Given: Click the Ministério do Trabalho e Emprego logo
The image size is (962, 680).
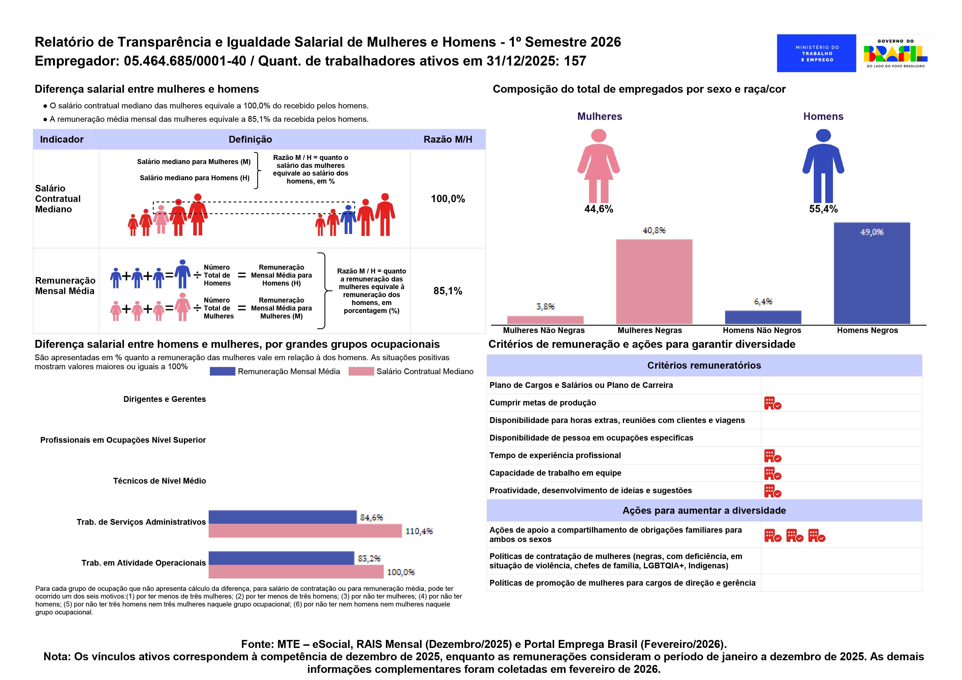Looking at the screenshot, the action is click(816, 53).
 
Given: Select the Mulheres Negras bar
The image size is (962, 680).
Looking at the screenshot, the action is click(654, 281).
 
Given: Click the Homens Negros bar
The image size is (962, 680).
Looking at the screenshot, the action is click(872, 273).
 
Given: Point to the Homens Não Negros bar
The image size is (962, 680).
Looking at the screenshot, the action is click(763, 317).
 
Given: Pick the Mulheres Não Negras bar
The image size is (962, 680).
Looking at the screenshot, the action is click(545, 320).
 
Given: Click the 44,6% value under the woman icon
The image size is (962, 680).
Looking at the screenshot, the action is click(599, 209).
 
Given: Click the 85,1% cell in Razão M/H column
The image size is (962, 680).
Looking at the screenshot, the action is click(448, 291).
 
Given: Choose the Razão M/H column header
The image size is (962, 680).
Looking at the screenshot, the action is click(448, 139).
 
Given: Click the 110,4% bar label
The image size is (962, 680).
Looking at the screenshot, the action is click(419, 531).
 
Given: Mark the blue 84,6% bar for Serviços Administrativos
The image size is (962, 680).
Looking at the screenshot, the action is click(283, 517).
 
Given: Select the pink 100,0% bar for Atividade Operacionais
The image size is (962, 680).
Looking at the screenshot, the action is click(296, 572).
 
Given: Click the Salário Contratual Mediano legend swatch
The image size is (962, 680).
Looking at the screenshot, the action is click(361, 371).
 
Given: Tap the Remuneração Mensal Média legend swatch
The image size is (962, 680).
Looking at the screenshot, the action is click(222, 371).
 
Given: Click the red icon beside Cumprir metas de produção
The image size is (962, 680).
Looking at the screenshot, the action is click(773, 403).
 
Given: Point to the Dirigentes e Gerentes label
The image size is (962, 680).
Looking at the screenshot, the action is click(165, 399).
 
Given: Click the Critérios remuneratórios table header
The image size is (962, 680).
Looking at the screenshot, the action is click(704, 366).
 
